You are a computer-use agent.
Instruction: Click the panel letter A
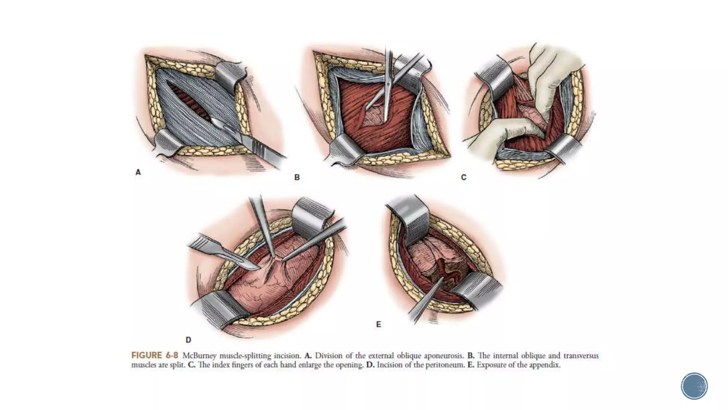138,172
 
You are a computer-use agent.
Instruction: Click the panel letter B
297,177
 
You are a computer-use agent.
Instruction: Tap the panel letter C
464,177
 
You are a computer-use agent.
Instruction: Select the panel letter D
188,340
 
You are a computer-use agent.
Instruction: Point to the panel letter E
379,324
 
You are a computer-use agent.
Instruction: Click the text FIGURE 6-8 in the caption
155,356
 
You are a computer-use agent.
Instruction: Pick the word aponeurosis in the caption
444,356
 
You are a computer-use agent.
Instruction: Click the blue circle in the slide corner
694,386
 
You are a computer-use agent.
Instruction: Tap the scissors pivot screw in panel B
389,84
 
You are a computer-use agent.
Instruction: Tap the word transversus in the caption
581,356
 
